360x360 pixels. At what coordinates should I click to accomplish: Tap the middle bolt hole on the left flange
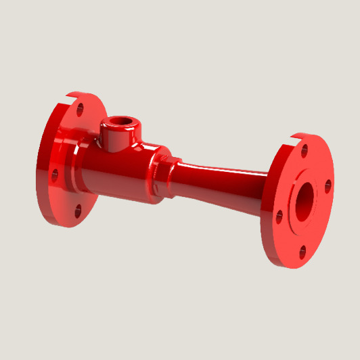[x=55, y=175]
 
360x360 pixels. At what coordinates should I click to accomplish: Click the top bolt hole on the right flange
[x=305, y=151]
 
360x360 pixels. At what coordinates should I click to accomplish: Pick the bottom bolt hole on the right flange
[x=302, y=252]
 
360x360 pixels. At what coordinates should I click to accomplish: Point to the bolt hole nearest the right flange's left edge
[x=279, y=217]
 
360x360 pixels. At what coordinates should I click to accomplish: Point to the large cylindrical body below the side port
[x=122, y=176]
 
